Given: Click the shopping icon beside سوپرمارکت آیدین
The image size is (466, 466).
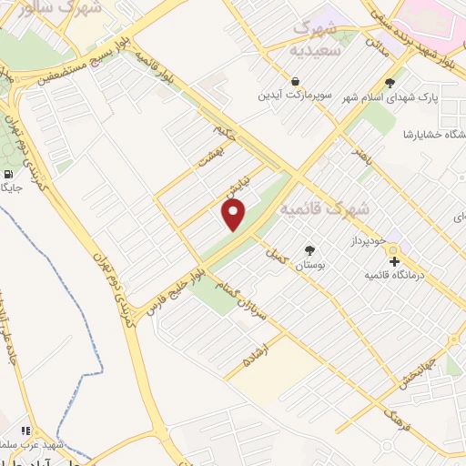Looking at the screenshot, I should coord(295,82).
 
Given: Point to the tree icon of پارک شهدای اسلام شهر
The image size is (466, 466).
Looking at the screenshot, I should coord(390,84).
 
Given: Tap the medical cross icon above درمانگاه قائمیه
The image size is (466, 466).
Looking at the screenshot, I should coord(394,262).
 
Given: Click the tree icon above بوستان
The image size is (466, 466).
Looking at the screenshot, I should coord(309,249).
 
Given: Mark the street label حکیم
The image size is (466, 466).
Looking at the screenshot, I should coord(236,138).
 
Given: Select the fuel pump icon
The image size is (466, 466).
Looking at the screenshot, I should coord(8,174).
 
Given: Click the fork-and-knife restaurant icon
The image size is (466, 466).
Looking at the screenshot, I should coord(25,431).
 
